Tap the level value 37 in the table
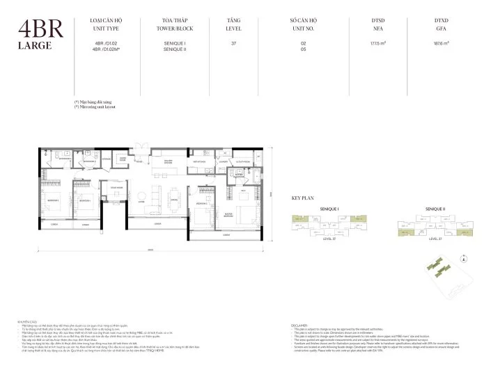(x=233, y=44)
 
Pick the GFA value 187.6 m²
(x=442, y=44)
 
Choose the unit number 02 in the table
(x=303, y=44)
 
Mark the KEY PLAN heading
(x=303, y=199)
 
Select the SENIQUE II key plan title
(x=436, y=209)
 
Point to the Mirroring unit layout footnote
(x=95, y=106)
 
